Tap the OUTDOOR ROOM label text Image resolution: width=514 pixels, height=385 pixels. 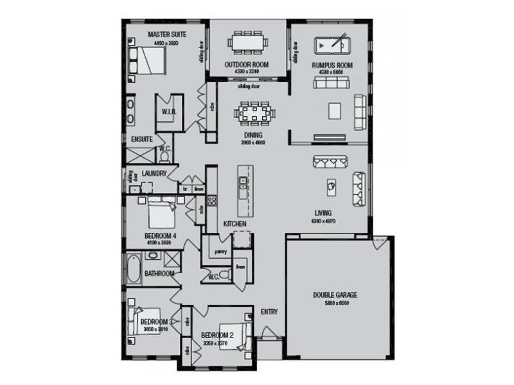(x=246, y=65)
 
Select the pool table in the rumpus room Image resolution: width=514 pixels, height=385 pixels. (x=330, y=47)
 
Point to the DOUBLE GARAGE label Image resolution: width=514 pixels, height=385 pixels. (x=335, y=295)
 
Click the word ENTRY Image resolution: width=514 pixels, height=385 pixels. (x=269, y=312)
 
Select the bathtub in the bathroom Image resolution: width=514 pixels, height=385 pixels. (x=134, y=269)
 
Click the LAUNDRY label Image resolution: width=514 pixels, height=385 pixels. (x=154, y=173)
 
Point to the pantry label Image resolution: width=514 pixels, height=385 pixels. (x=221, y=252)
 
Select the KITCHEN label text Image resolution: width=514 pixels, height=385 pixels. (x=235, y=223)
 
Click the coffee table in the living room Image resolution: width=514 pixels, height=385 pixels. (x=332, y=184)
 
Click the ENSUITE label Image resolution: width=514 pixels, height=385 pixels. (x=141, y=139)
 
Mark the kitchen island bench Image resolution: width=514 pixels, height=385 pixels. (x=243, y=190)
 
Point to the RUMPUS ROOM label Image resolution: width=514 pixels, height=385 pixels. (x=332, y=65)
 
